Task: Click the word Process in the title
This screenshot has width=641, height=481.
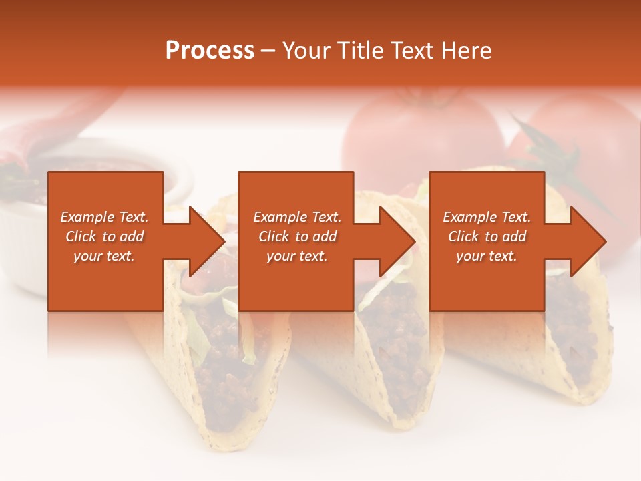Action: click(x=210, y=51)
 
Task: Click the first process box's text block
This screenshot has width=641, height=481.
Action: click(x=104, y=236)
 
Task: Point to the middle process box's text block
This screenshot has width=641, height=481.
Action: click(x=297, y=236)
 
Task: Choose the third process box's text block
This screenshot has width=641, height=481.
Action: click(x=487, y=236)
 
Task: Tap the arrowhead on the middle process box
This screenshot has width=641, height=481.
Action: click(x=397, y=241)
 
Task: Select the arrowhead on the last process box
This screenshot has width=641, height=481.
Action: click(x=588, y=241)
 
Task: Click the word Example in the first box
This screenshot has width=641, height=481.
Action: click(x=87, y=217)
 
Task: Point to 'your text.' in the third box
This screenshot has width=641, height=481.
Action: click(x=487, y=256)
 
